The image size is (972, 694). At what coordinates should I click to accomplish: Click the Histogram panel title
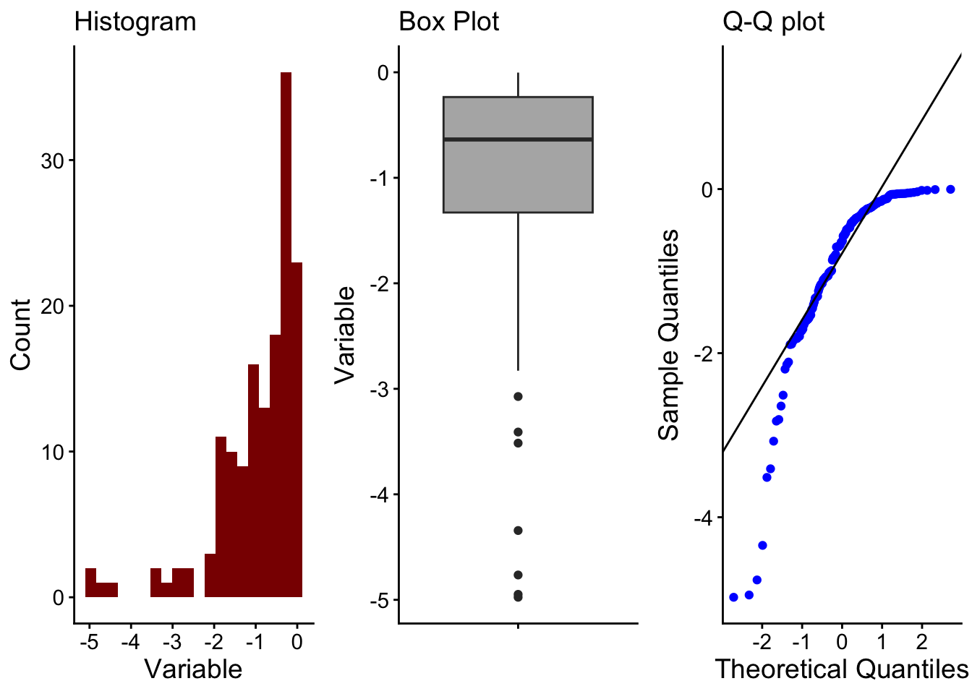[135, 22]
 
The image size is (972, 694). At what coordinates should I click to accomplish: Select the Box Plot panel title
[448, 22]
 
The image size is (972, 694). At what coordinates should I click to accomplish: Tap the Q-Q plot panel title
[773, 22]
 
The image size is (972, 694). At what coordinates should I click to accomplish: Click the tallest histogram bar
[286, 333]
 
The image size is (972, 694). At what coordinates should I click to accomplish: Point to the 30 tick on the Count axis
[52, 160]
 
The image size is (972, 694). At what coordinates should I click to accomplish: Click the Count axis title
[21, 335]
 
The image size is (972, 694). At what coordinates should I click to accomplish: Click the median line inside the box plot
[518, 139]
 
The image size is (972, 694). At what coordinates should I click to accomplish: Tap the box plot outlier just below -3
[518, 397]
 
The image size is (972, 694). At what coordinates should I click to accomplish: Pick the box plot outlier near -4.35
[518, 531]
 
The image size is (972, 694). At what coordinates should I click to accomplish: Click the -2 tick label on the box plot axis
[379, 283]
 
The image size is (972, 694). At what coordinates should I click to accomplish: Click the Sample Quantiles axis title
[669, 335]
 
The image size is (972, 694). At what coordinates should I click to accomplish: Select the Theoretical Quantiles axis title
[841, 669]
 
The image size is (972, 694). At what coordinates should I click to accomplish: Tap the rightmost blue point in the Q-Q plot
[950, 189]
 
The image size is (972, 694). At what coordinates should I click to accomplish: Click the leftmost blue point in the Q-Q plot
[733, 597]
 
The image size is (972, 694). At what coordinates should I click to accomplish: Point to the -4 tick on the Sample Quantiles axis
[703, 518]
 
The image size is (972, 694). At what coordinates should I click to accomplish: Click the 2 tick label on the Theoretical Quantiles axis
[921, 641]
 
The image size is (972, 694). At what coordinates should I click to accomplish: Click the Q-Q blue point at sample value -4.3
[762, 545]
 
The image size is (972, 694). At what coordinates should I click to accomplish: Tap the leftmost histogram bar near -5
[90, 583]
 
